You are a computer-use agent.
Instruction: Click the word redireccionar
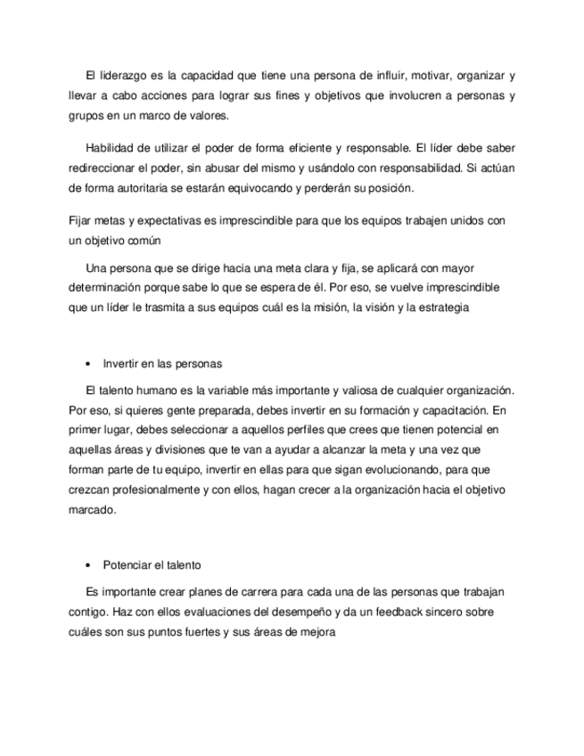104,167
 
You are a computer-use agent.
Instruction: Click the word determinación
105,288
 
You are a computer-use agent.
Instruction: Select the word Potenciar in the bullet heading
127,564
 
